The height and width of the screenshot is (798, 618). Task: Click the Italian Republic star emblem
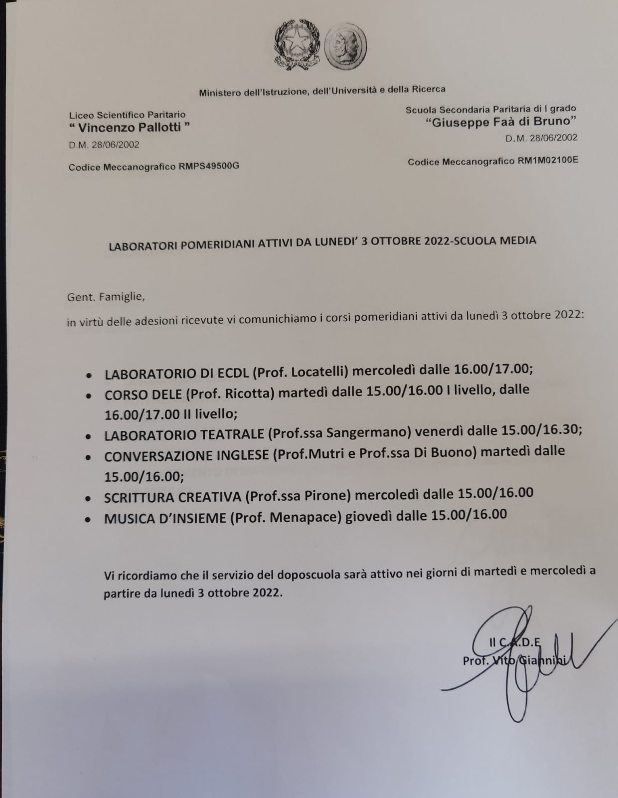[x=297, y=45]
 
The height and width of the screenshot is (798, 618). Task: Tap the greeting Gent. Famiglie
[x=106, y=297]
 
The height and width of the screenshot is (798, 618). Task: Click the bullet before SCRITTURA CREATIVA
[x=88, y=498]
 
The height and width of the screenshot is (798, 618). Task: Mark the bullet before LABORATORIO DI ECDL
[x=89, y=375]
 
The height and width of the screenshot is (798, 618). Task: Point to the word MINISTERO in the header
[x=220, y=92]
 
